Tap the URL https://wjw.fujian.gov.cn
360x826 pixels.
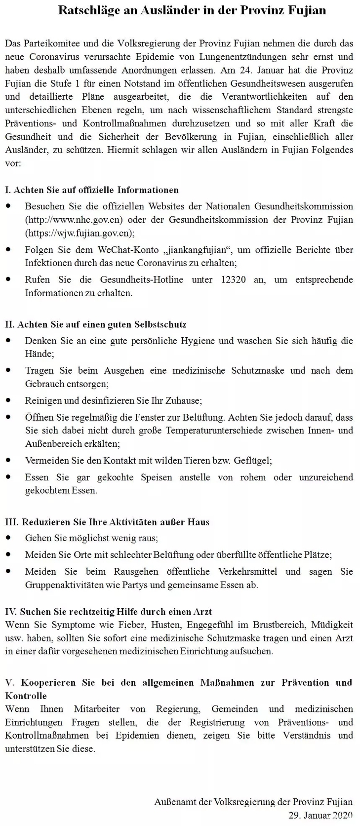tap(79, 233)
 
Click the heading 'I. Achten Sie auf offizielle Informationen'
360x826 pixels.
tap(92, 190)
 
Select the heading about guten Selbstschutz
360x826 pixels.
tap(96, 325)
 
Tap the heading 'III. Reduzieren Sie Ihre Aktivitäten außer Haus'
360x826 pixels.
tap(107, 522)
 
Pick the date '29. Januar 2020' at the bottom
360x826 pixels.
tap(320, 815)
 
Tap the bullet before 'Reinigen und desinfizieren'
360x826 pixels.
tap(8, 400)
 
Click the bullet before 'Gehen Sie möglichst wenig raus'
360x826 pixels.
tap(8, 538)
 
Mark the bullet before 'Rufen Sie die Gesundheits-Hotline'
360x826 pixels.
tap(8, 279)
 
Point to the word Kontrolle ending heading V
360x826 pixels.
tap(26, 696)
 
